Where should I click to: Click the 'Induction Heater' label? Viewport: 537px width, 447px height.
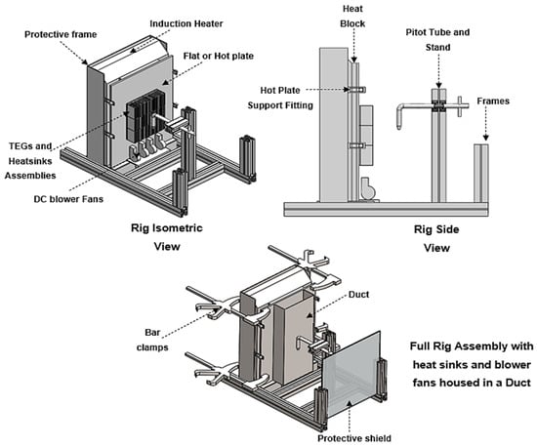pos(186,23)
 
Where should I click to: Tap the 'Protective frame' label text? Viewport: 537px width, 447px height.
pos(61,34)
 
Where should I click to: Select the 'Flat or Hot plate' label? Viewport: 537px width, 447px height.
pos(219,56)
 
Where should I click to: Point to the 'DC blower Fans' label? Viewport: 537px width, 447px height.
pos(68,199)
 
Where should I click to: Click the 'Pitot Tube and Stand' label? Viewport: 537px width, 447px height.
pos(437,40)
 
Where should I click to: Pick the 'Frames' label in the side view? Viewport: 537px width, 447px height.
pos(493,101)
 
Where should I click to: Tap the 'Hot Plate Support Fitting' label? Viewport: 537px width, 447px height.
pos(280,98)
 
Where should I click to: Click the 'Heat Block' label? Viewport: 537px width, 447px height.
pos(352,16)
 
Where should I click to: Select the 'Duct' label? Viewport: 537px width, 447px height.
pos(358,295)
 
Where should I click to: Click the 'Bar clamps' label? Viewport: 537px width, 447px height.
pos(152,340)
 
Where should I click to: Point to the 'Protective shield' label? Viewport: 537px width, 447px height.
pos(354,438)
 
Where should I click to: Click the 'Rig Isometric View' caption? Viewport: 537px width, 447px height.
pos(167,237)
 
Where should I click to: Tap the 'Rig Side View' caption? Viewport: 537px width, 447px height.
pos(436,238)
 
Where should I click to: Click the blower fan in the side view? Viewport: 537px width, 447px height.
pos(368,188)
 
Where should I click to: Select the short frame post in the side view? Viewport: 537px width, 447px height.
pos(481,173)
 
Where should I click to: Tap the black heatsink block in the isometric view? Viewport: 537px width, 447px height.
pos(145,115)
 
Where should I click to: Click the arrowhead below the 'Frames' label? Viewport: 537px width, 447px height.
pos(485,138)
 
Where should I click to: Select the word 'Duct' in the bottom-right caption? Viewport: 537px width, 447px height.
pos(518,382)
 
